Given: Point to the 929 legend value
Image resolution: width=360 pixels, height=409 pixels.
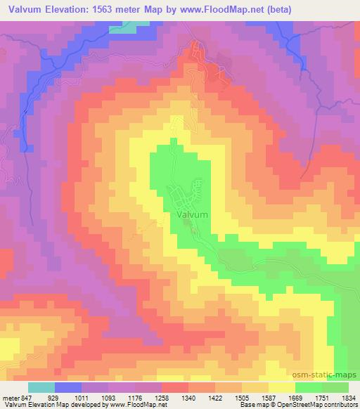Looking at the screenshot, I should (54, 397).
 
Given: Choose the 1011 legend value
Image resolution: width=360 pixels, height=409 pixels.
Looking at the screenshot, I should (82, 397).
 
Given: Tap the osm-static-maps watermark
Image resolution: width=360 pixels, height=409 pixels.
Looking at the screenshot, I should (330, 375).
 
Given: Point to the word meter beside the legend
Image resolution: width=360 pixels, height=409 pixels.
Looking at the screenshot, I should (11, 397).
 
